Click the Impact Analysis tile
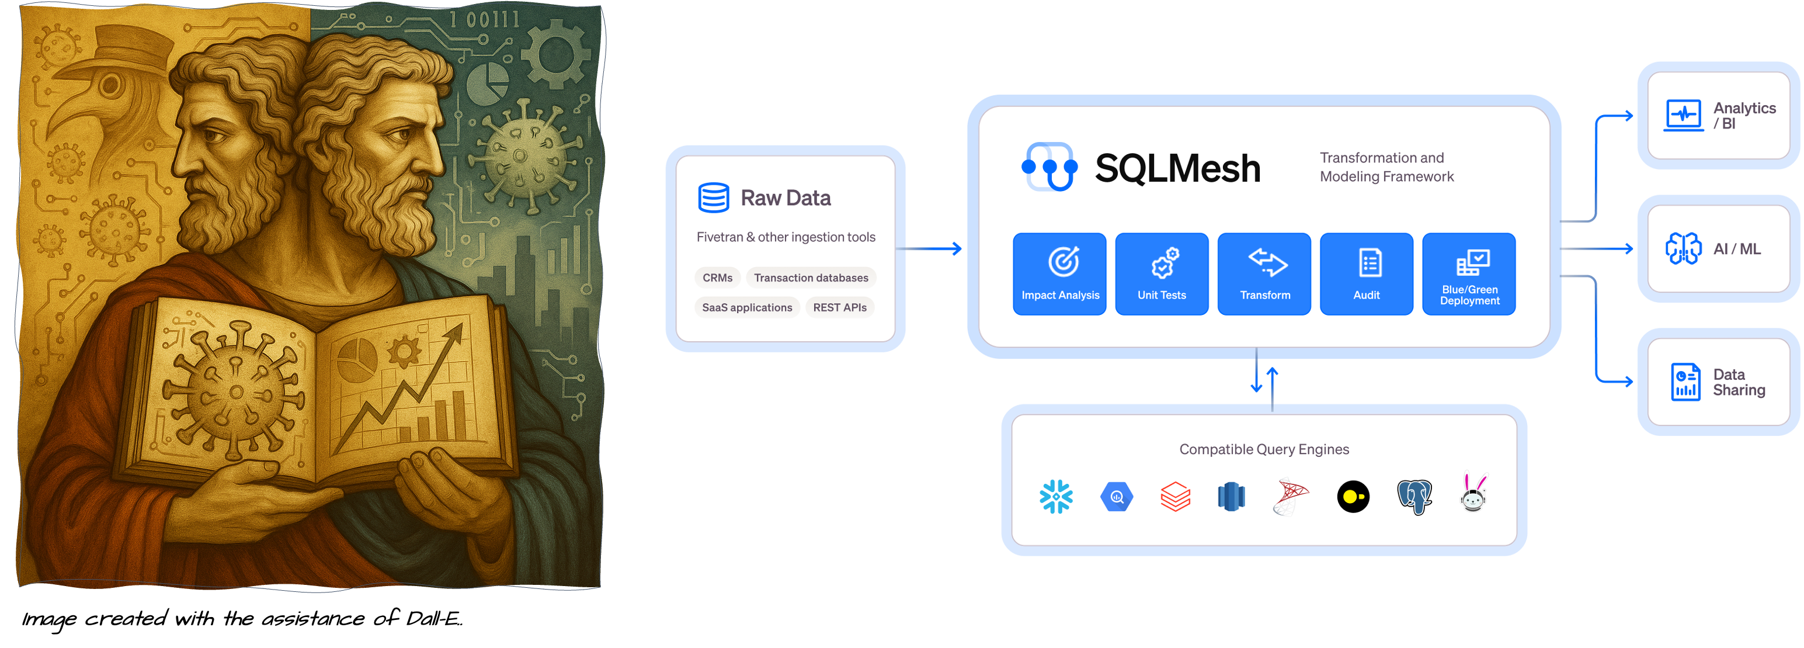click(1059, 274)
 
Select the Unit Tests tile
click(1161, 274)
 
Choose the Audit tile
click(1367, 274)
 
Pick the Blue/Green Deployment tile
click(1469, 274)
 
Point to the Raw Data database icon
click(713, 197)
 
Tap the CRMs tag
click(717, 278)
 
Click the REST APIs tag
click(839, 307)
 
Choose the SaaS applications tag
click(746, 307)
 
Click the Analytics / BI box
click(1718, 116)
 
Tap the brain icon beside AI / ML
click(1683, 249)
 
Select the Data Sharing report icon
click(1685, 382)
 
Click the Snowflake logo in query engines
click(1056, 497)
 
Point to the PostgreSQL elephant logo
click(1414, 497)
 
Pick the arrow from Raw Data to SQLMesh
click(931, 249)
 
